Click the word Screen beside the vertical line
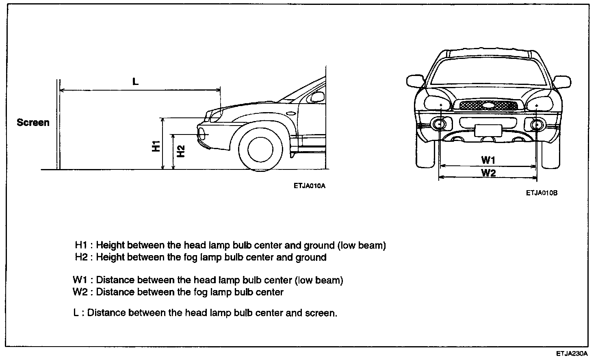tap(33, 122)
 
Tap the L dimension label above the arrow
tap(135, 81)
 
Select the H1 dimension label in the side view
tap(156, 146)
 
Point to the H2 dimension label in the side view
tap(181, 151)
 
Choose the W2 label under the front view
tap(488, 173)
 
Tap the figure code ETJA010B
tap(542, 193)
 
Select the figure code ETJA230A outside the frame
tap(573, 354)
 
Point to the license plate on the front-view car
tap(488, 130)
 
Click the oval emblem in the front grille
tap(489, 105)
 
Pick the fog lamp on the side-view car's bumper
tap(202, 132)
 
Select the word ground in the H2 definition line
tap(311, 257)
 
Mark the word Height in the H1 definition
tap(110, 245)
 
